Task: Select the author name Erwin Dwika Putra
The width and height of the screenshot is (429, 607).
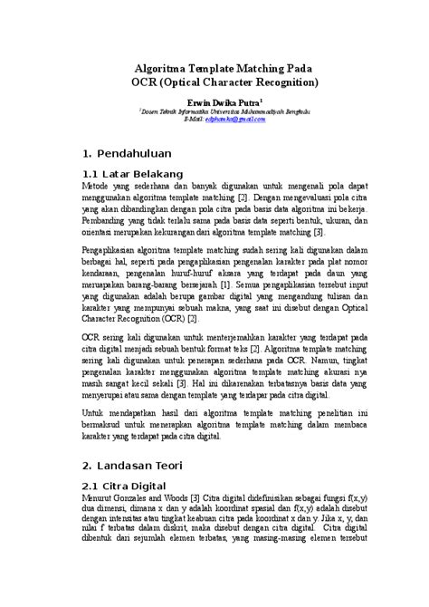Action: pyautogui.click(x=222, y=103)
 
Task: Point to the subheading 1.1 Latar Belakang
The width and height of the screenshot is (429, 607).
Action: pyautogui.click(x=133, y=173)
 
